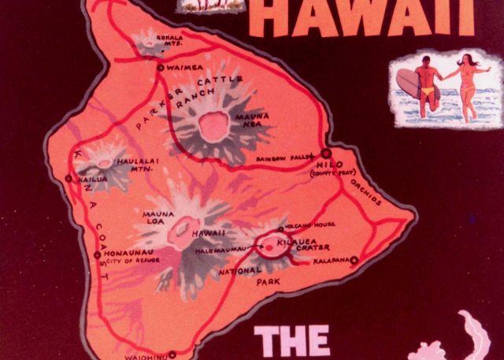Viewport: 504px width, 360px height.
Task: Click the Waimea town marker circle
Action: [161, 69]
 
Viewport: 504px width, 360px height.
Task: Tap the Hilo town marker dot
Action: [325, 154]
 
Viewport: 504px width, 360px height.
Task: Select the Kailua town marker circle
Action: [69, 179]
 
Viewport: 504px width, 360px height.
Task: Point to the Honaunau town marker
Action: [98, 254]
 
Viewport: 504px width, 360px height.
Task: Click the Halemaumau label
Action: [225, 250]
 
